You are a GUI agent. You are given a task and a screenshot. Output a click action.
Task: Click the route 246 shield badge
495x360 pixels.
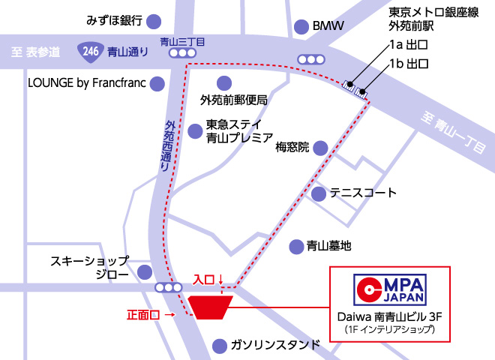(89, 52)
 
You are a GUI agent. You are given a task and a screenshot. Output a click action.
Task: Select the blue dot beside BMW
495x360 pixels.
(301, 26)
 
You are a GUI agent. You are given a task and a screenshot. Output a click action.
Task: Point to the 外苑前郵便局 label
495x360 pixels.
(233, 99)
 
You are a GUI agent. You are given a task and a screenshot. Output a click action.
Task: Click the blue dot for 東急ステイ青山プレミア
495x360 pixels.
(193, 128)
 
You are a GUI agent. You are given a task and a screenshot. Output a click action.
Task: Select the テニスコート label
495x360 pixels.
(362, 193)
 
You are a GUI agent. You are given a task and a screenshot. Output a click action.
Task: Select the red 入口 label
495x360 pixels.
(204, 279)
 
